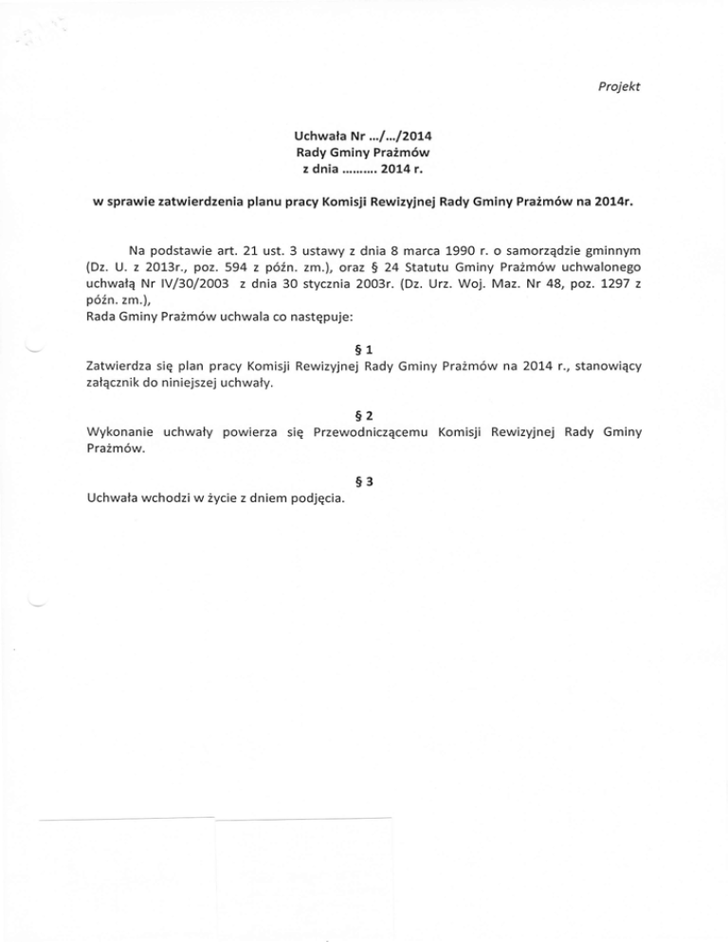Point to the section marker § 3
[363, 479]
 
